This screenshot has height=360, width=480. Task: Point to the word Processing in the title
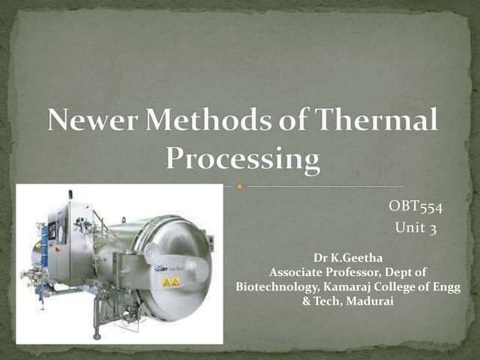point(242,158)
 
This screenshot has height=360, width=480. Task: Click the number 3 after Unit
point(432,229)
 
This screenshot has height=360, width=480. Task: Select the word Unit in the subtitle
point(407,229)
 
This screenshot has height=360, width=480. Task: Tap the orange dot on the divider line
point(239,185)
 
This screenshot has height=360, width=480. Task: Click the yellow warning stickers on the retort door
point(171,282)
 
